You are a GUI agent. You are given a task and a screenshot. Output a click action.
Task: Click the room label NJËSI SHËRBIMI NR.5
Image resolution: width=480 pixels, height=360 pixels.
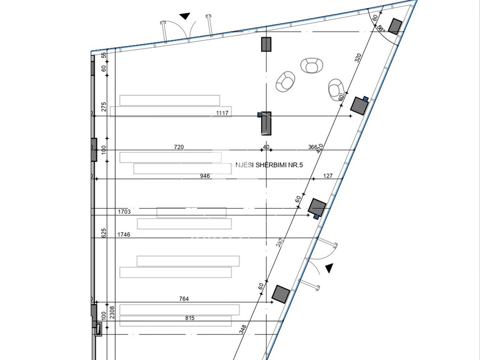(x=272, y=165)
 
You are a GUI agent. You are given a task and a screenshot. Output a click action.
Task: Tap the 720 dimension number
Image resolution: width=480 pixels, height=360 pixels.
(x=179, y=147)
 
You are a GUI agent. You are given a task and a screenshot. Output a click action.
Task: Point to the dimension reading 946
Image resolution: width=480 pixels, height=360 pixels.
(x=205, y=176)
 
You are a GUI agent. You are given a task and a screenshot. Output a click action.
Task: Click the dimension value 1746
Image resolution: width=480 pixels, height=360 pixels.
(x=124, y=234)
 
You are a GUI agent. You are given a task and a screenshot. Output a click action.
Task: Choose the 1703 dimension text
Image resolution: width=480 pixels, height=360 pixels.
(x=124, y=212)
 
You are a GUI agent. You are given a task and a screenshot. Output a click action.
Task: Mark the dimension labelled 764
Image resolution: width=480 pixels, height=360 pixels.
(x=184, y=299)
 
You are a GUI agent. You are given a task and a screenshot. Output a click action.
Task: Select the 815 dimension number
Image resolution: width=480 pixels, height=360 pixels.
(x=189, y=318)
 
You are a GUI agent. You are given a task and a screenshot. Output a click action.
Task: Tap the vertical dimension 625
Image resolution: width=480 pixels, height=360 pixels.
(x=104, y=233)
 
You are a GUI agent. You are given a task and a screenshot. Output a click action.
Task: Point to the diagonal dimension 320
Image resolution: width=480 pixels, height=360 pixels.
(x=358, y=58)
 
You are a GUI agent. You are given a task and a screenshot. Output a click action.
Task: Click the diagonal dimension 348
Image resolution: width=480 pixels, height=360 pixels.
(x=243, y=329)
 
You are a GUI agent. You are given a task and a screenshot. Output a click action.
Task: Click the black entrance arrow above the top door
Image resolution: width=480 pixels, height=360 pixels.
(x=185, y=16)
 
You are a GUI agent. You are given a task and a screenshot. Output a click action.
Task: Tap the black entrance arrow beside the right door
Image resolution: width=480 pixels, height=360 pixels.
(x=330, y=268)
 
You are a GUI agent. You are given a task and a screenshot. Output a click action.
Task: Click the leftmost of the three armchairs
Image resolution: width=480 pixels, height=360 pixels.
(x=285, y=82)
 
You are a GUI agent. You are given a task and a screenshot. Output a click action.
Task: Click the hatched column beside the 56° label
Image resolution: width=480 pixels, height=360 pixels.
(x=395, y=26)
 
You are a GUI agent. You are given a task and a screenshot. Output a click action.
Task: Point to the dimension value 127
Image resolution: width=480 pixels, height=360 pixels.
(x=328, y=176)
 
